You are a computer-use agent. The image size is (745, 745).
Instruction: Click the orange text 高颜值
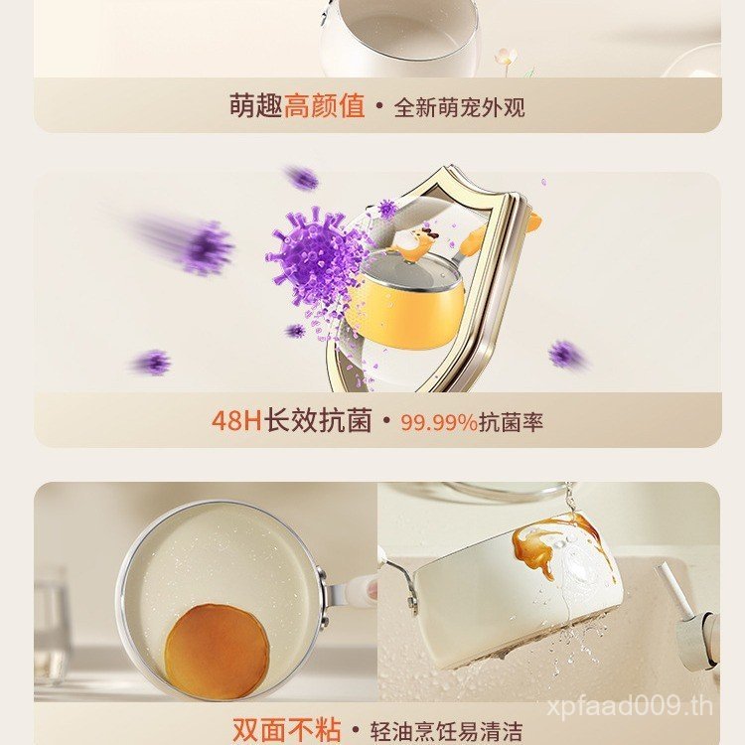[x=325, y=105]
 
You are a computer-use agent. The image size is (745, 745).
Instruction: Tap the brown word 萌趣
[x=256, y=105]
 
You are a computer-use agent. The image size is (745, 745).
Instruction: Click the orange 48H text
[x=236, y=420]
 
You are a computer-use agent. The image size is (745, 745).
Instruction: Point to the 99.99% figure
[x=438, y=422]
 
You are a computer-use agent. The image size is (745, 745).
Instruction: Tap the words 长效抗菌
[x=318, y=420]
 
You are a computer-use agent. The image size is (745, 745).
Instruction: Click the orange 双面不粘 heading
[x=286, y=730]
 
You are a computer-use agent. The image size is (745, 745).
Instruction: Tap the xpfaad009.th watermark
[x=630, y=707]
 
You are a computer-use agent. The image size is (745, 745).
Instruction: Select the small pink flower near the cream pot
[x=505, y=57]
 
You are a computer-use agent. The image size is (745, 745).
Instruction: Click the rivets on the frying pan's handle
[x=326, y=598]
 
